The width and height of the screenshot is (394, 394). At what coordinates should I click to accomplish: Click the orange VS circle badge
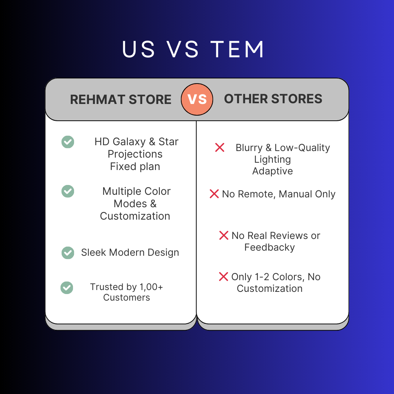(x=197, y=99)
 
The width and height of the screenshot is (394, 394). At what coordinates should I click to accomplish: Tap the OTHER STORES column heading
(x=273, y=99)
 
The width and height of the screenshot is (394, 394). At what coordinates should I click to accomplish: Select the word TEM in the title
(x=237, y=49)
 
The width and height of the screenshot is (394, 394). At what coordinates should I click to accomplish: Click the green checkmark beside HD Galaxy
(x=68, y=142)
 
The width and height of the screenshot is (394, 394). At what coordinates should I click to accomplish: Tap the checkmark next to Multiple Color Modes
(x=68, y=191)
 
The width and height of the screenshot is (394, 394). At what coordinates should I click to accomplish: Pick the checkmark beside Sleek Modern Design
(x=68, y=253)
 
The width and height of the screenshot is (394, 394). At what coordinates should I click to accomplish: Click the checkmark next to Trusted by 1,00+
(x=67, y=288)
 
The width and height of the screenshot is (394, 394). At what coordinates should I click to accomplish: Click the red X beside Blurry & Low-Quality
(x=220, y=147)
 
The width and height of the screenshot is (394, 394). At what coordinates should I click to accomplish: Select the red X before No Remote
(x=214, y=194)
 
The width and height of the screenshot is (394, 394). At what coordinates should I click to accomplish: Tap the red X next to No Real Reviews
(x=224, y=235)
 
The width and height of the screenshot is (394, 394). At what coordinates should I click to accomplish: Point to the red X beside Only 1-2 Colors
(x=223, y=277)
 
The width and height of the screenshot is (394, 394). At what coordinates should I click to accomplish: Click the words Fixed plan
(x=135, y=167)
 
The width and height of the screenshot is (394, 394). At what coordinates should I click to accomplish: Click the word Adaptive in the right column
(x=273, y=171)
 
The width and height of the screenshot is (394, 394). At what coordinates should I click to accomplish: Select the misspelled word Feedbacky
(x=270, y=247)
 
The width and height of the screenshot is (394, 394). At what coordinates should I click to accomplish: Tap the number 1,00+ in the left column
(x=151, y=287)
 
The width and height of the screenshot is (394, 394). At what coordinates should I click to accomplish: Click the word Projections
(x=135, y=154)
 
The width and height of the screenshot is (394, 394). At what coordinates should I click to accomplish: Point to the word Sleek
(x=94, y=252)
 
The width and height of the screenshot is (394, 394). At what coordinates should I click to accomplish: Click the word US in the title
(x=139, y=49)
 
